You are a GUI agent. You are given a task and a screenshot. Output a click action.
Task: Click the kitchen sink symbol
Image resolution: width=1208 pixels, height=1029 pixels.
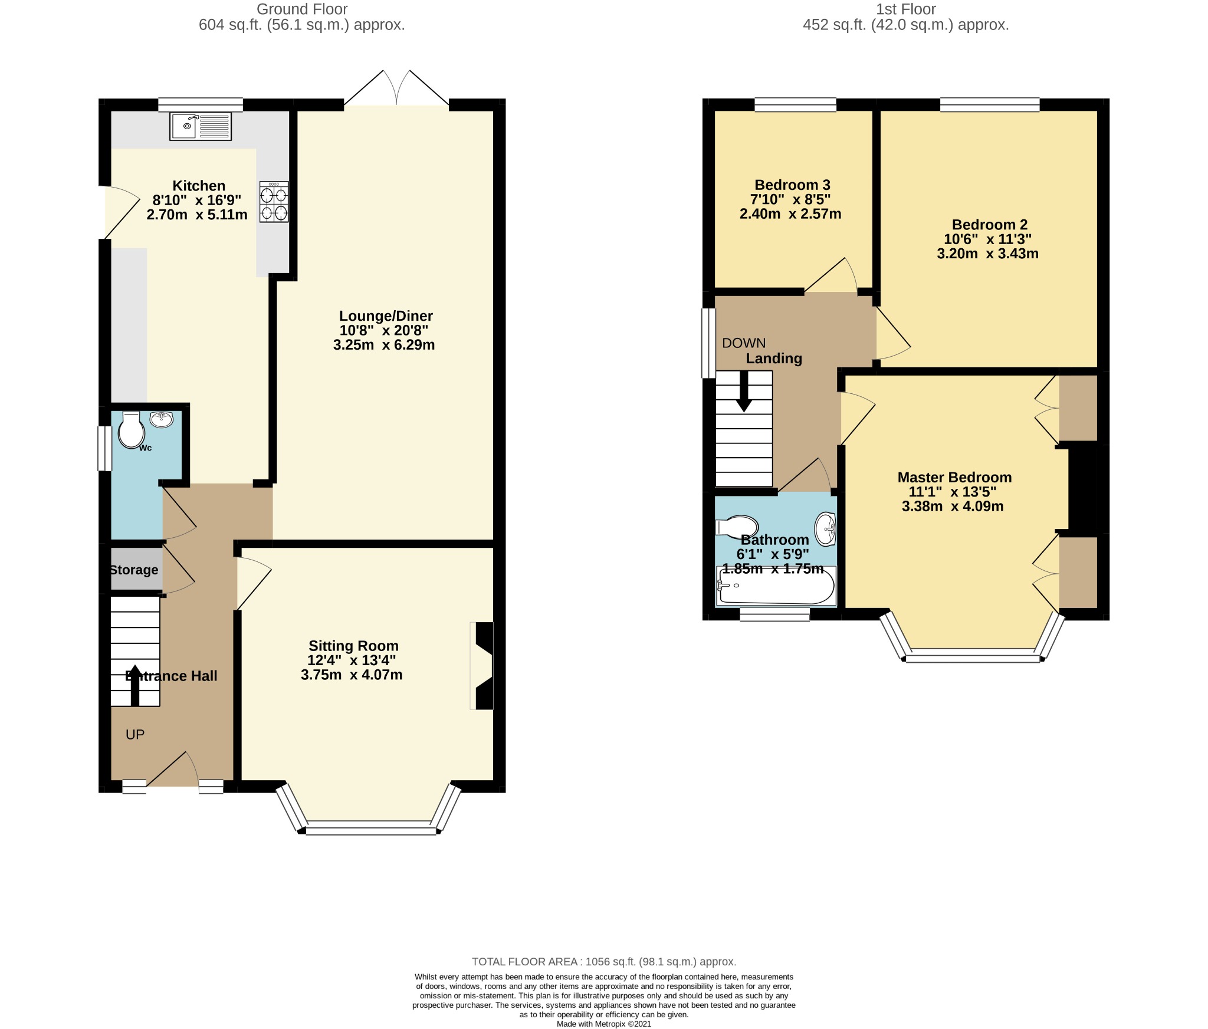[x=201, y=126]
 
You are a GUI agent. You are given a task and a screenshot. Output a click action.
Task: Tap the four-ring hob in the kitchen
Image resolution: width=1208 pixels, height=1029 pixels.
[x=274, y=202]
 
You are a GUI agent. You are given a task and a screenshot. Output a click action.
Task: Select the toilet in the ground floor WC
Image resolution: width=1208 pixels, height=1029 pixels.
[x=131, y=430]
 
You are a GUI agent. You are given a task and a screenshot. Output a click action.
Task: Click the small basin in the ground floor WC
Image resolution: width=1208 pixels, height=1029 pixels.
[x=161, y=419]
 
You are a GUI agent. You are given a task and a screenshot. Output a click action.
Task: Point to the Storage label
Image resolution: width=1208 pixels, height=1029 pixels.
[x=134, y=570]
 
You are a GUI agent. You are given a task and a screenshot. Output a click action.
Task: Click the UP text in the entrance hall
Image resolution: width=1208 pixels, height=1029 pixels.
[x=135, y=735]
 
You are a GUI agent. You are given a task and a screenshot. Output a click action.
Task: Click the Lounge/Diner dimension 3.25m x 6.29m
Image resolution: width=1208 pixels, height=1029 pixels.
[x=384, y=346]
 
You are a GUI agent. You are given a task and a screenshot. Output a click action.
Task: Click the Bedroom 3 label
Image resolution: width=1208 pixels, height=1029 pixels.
[x=792, y=185]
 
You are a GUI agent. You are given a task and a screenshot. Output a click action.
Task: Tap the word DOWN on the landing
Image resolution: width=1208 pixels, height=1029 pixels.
[x=744, y=343]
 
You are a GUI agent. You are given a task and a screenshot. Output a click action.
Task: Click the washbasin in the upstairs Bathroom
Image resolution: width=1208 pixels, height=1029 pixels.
[x=825, y=529]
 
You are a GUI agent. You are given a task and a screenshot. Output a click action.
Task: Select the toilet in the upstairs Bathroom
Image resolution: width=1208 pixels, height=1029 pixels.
[x=737, y=527]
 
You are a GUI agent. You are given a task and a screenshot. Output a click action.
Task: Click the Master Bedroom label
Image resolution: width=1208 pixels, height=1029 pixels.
[x=954, y=478]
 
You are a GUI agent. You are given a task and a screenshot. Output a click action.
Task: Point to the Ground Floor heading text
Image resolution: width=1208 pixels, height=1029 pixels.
[x=302, y=9]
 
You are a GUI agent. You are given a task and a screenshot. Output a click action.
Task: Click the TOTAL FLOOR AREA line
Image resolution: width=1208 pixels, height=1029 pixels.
[x=604, y=962]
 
